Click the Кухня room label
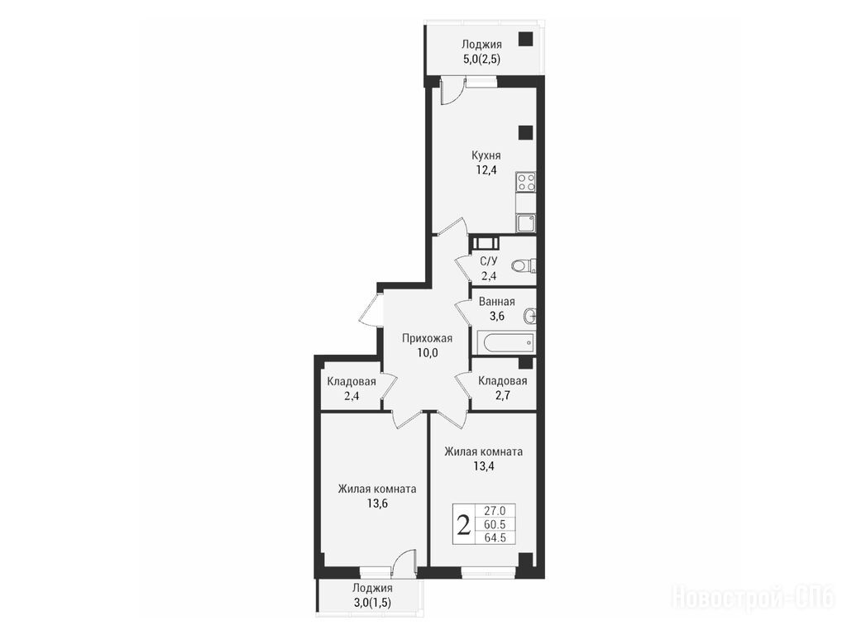(486, 155)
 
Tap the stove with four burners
(525, 182)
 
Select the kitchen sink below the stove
(525, 222)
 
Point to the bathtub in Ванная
(506, 341)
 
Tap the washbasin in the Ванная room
(530, 316)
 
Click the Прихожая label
(427, 338)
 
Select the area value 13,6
(377, 504)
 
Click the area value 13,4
(483, 466)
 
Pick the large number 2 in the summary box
(463, 524)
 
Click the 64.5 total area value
(495, 537)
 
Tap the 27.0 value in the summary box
(495, 510)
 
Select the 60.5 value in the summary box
(495, 524)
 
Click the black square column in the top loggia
(525, 40)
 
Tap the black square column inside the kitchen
(525, 133)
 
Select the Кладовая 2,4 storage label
(352, 389)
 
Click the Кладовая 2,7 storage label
(502, 388)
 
